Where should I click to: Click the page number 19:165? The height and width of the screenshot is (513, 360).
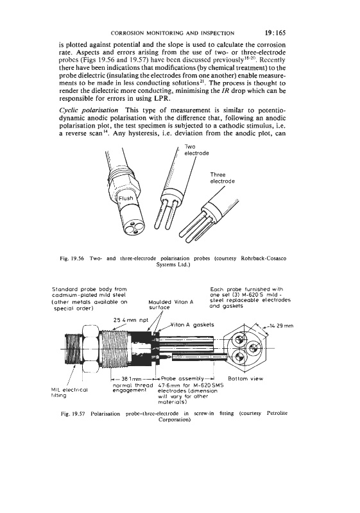point(275,33)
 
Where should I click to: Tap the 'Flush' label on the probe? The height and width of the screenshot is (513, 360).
point(126,198)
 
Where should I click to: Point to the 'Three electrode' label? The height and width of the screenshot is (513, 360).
point(222,178)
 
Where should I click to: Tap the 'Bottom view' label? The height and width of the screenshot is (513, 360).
point(245,378)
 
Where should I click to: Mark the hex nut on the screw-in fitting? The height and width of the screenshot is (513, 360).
point(90,348)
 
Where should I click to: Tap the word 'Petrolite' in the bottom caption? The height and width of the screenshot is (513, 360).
point(277,413)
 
